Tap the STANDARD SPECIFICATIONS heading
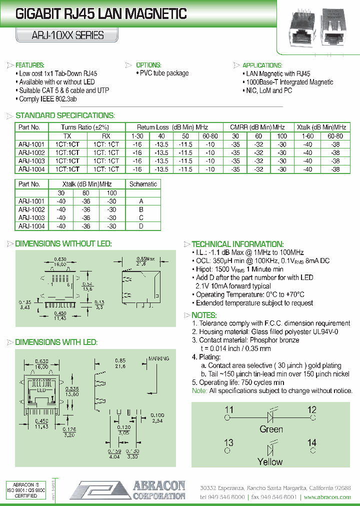tap(65, 115)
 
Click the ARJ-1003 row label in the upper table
tap(31, 161)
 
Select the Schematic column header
tap(143, 184)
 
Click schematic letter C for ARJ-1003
tap(141, 218)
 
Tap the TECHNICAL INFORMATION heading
tap(237, 243)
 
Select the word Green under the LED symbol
tap(271, 429)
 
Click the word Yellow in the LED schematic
tap(270, 461)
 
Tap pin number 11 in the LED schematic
tap(229, 410)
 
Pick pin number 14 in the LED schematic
tap(312, 442)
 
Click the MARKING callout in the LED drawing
tap(159, 358)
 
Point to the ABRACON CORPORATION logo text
tap(159, 490)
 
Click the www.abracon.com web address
tap(327, 497)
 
